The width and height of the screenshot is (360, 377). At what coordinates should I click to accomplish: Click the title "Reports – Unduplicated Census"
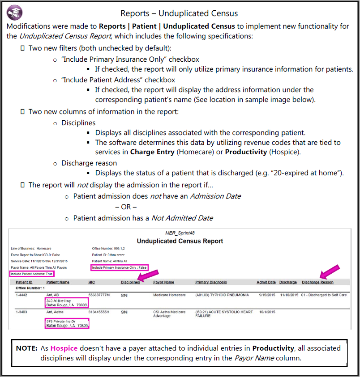pyautogui.click(x=179, y=13)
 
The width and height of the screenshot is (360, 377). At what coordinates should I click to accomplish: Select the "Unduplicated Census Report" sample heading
pyautogui.click(x=180, y=241)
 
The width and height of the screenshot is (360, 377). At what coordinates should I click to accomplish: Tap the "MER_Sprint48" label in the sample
pyautogui.click(x=180, y=233)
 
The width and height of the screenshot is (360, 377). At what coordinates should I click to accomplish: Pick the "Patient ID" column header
pyautogui.click(x=24, y=282)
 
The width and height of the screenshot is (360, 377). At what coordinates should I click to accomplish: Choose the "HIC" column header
pyautogui.click(x=91, y=282)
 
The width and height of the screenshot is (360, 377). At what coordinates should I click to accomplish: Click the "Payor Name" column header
pyautogui.click(x=163, y=282)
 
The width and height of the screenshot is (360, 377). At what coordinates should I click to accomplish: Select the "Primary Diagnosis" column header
pyautogui.click(x=211, y=282)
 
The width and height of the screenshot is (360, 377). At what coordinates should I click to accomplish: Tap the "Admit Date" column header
pyautogui.click(x=266, y=282)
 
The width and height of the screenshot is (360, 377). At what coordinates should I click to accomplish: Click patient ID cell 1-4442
pyautogui.click(x=21, y=296)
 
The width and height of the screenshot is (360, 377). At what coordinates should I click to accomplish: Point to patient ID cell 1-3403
pyautogui.click(x=21, y=311)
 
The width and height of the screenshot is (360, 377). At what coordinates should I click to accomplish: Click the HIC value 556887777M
pyautogui.click(x=99, y=296)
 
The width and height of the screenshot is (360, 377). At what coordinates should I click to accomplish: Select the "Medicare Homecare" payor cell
pyautogui.click(x=169, y=296)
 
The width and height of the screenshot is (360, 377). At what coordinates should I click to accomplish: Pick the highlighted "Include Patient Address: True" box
pyautogui.click(x=31, y=274)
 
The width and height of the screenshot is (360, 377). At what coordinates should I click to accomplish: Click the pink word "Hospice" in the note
pyautogui.click(x=64, y=348)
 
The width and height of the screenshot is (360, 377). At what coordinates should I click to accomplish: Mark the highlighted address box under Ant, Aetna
pyautogui.click(x=67, y=324)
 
